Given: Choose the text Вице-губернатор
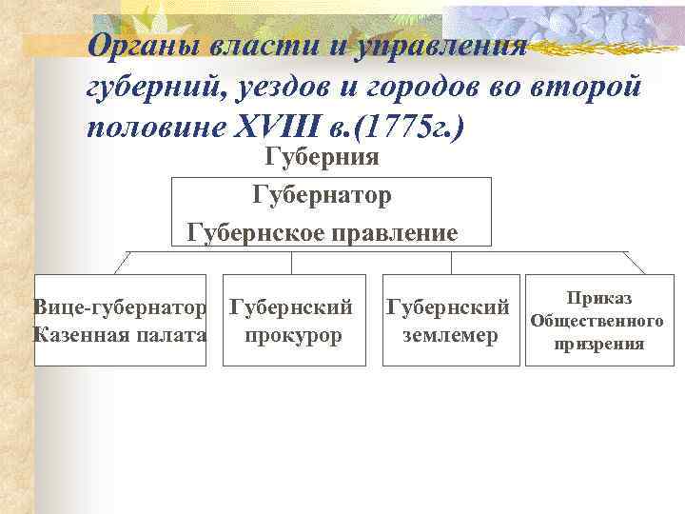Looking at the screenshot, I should (120, 307).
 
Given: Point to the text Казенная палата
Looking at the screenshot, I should (120, 334).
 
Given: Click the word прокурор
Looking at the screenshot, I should (293, 334).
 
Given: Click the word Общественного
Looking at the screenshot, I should (597, 321).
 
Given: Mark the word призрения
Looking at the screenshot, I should (598, 344).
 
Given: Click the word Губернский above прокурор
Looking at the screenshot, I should (293, 307).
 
